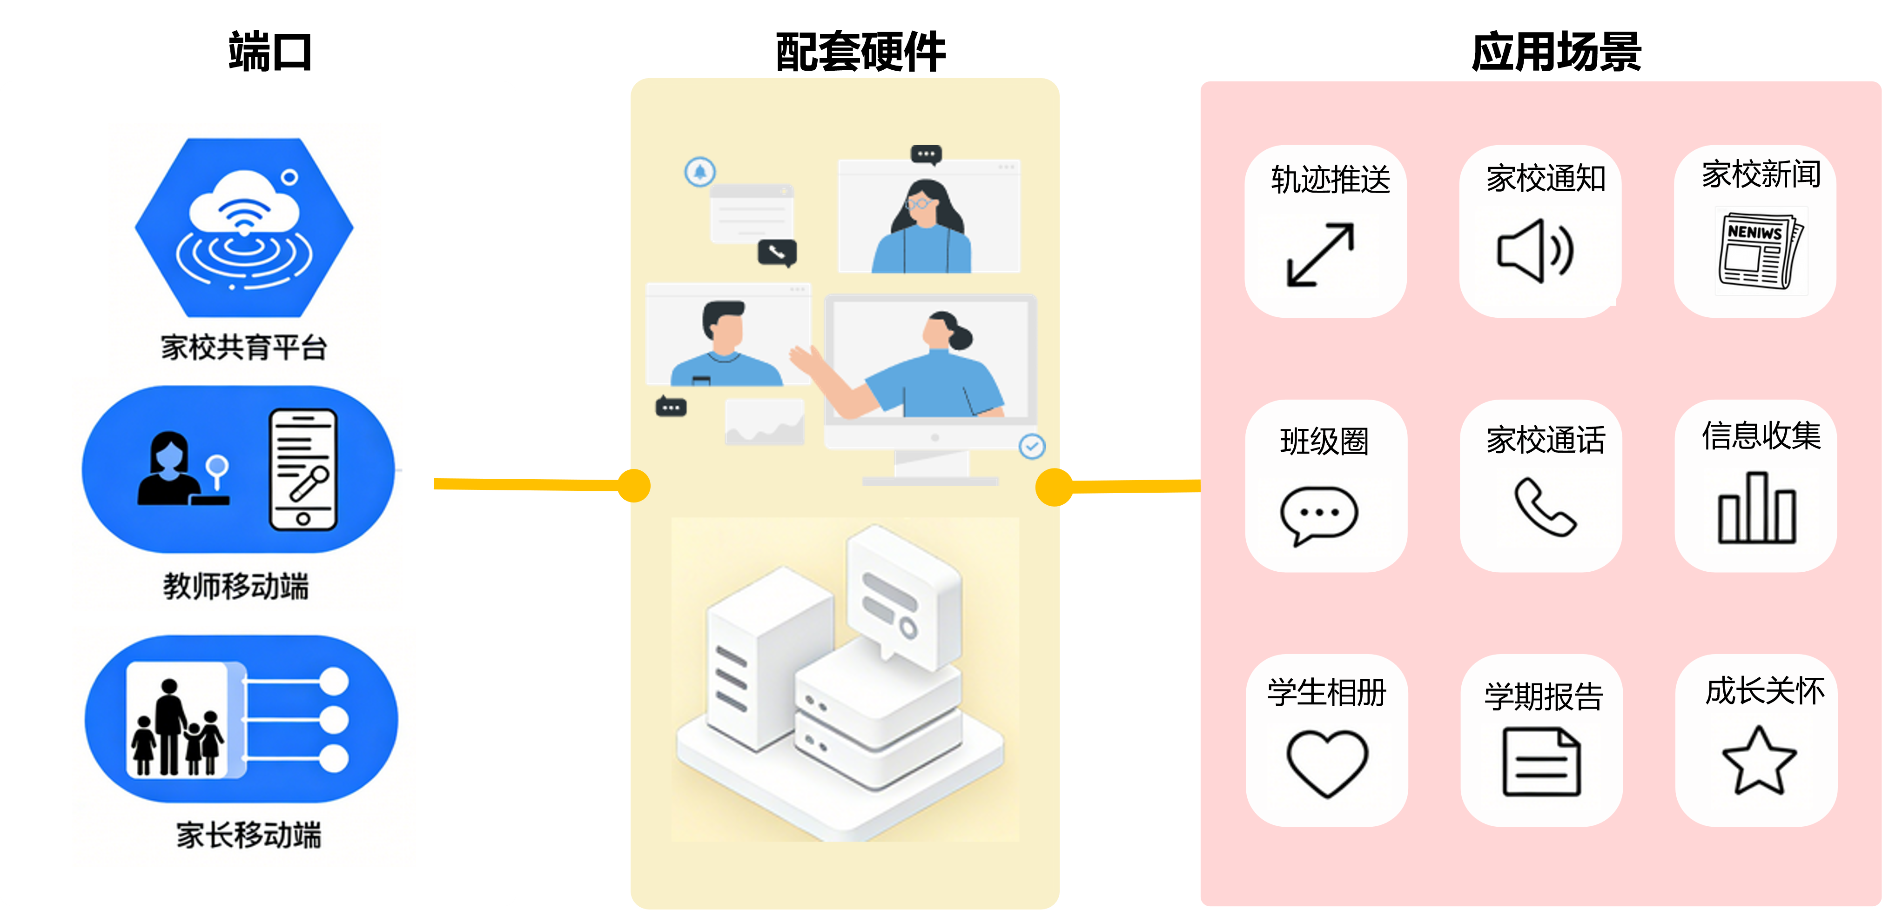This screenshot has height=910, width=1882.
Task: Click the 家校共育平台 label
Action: [x=244, y=348]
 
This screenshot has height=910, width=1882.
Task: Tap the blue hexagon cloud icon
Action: [x=244, y=227]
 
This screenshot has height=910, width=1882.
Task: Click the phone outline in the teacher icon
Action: [x=303, y=469]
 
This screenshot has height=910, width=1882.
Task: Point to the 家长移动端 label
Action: [x=249, y=835]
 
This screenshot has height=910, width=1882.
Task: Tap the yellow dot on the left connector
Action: [x=633, y=486]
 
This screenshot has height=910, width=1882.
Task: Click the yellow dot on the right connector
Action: [x=1054, y=487]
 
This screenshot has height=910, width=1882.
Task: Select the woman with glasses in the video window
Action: [x=923, y=227]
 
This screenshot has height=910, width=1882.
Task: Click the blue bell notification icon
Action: [x=700, y=172]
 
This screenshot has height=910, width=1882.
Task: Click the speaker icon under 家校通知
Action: [x=1535, y=250]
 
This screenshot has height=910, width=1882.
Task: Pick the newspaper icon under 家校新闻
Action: [x=1759, y=250]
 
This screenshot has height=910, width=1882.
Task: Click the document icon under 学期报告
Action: [x=1541, y=762]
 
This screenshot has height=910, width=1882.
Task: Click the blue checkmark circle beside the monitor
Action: [x=1032, y=446]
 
